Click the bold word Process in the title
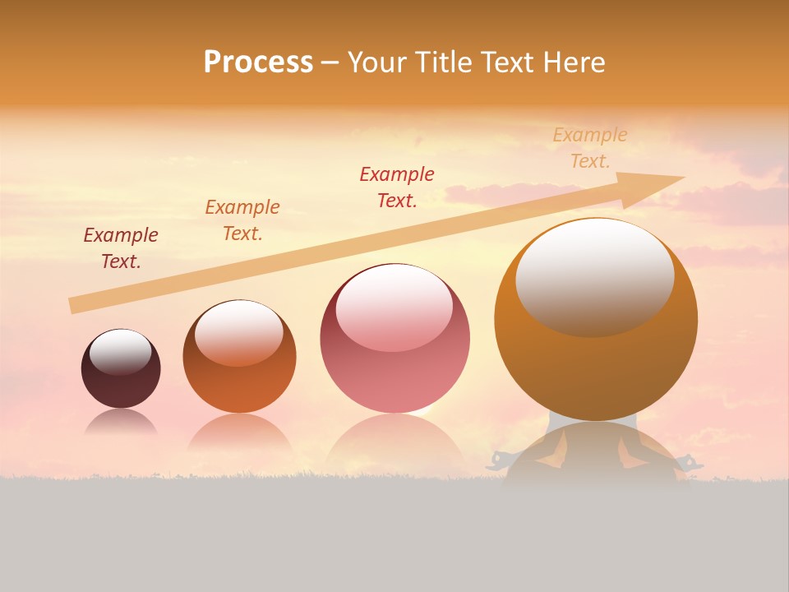(258, 62)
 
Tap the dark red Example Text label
(121, 248)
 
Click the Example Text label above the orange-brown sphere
(242, 220)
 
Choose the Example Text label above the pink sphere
(397, 187)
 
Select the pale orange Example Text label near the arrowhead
(590, 148)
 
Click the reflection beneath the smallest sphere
(121, 424)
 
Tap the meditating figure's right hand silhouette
(690, 462)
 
